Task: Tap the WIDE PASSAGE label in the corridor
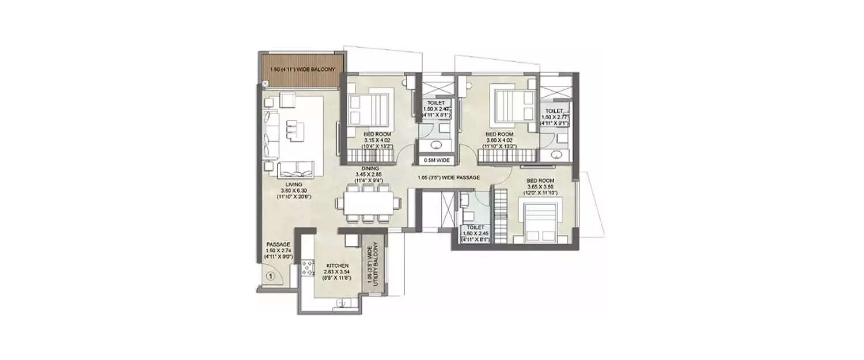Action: [449, 178]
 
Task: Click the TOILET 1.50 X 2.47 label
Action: [436, 109]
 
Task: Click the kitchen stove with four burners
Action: [307, 267]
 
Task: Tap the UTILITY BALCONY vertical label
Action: [373, 265]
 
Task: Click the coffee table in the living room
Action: [293, 128]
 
